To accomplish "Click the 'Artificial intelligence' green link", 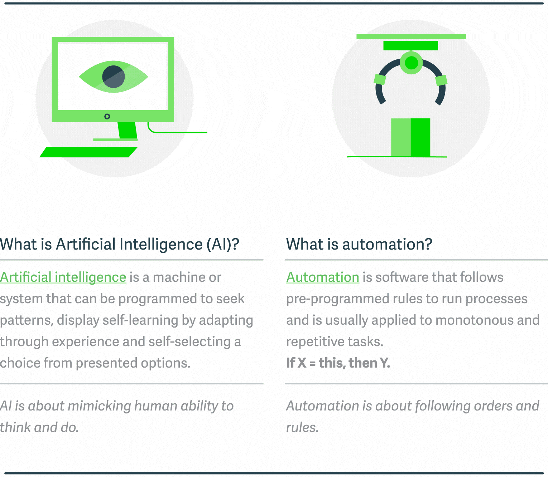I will [x=63, y=277].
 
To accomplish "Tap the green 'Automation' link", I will [x=322, y=277].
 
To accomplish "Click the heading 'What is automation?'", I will [x=359, y=245].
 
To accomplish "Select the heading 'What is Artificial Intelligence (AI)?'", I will [x=119, y=245].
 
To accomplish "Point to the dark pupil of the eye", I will [x=113, y=77].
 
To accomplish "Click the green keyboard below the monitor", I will [x=88, y=152].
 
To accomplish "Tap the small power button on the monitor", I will [x=107, y=117].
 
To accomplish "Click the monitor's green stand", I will [x=127, y=131].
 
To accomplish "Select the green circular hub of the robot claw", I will [x=411, y=63].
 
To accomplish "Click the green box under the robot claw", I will [x=410, y=137].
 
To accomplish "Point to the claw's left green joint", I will [x=380, y=79].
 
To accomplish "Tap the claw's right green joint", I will [x=441, y=80].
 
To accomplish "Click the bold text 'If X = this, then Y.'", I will [x=338, y=363].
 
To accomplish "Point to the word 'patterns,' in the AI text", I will [x=27, y=320].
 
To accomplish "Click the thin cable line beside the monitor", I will [x=179, y=132].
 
